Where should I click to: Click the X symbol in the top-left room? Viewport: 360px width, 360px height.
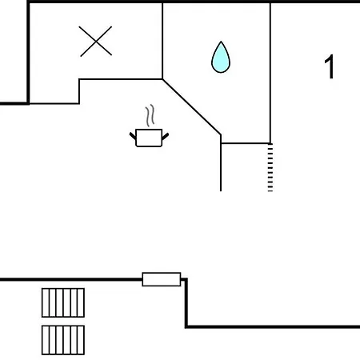pos(96,42)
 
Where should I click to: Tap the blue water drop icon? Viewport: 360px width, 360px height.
pos(221,57)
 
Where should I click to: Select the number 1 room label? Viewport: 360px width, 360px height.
pos(330,66)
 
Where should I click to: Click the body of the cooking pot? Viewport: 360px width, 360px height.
pos(149,138)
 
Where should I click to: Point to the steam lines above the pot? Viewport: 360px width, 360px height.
pos(150,115)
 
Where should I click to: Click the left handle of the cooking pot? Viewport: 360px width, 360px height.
pos(133,136)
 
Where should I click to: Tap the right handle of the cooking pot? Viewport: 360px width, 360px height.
pos(166,136)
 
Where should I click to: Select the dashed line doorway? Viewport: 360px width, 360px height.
pos(270,167)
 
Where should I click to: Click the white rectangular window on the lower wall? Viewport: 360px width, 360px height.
pos(162,279)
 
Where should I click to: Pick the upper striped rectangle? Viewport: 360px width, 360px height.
pos(63,302)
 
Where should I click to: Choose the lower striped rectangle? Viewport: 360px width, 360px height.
pos(63,340)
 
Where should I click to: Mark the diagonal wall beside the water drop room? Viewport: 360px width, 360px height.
pos(192,107)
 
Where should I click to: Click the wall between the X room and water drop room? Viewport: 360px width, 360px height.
pos(162,41)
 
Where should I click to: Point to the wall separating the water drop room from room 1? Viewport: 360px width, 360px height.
pos(270,73)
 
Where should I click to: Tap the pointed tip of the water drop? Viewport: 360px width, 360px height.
pos(221,42)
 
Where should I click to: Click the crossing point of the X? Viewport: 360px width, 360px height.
pos(96,42)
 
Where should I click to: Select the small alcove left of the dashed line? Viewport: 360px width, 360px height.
pos(246,167)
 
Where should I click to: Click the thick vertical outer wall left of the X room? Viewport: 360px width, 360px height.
pos(28,52)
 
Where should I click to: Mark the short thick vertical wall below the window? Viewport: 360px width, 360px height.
pos(186,302)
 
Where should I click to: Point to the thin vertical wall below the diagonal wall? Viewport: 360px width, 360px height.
pos(221,163)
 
